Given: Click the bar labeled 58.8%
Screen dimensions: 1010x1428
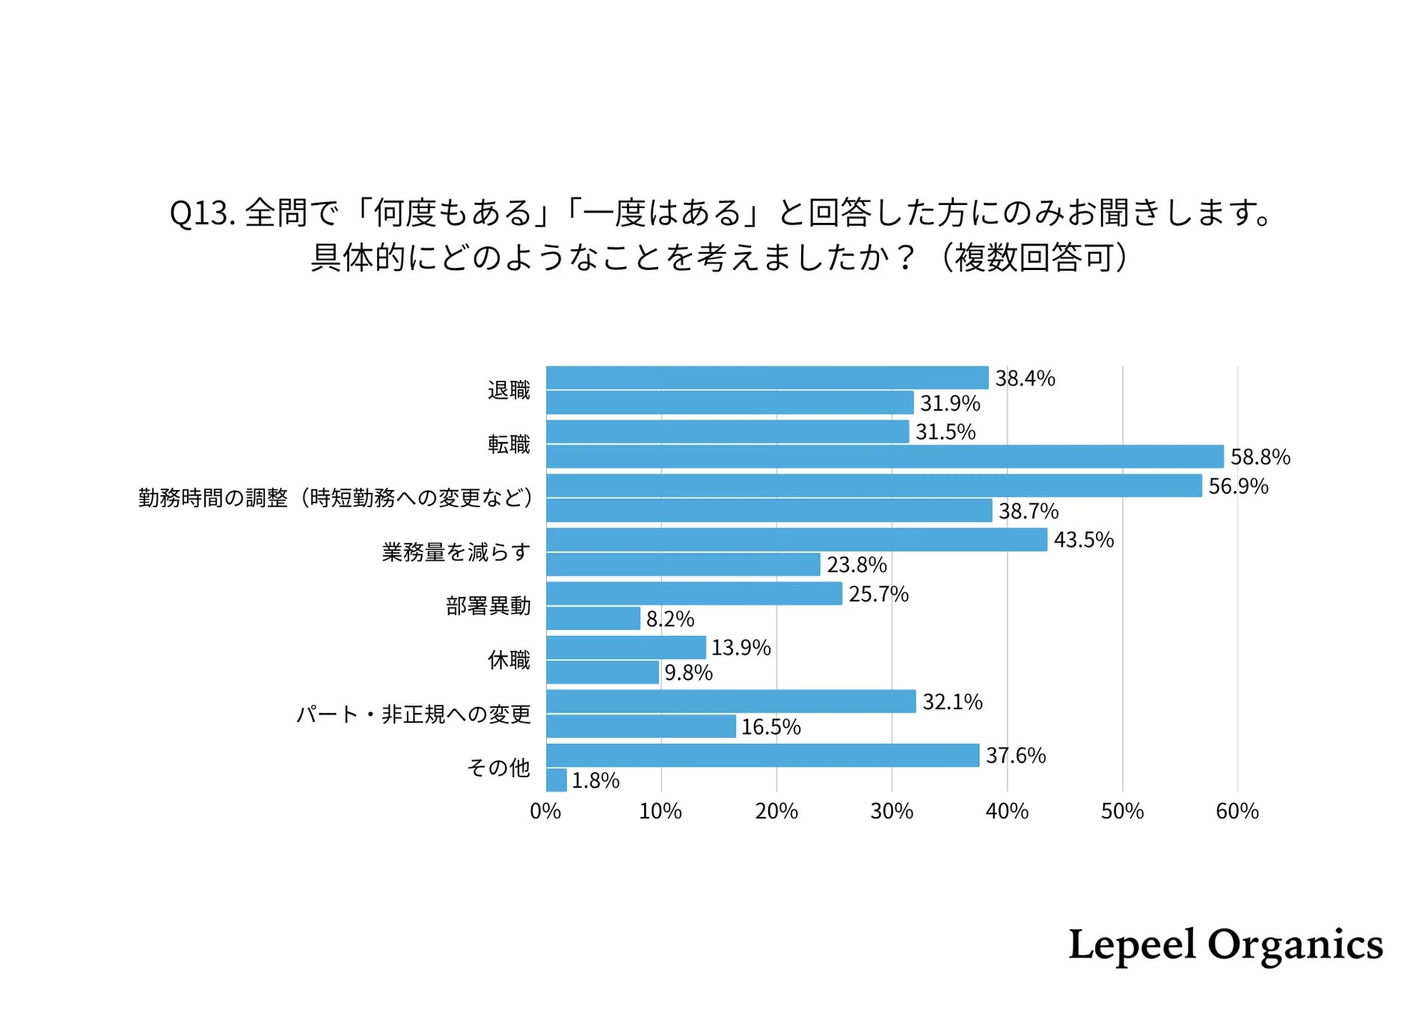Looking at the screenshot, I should click(884, 456).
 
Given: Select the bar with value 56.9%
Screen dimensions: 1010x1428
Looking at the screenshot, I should click(874, 486).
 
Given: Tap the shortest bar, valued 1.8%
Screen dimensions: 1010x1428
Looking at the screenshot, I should click(556, 780).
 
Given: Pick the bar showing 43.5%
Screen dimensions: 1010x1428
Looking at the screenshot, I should click(796, 539).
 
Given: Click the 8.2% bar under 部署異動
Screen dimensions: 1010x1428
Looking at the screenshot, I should click(593, 619).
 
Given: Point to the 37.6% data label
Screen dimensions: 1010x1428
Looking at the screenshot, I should click(1015, 756).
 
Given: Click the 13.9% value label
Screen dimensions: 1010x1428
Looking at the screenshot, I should click(741, 648).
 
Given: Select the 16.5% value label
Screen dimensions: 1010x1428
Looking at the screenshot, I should click(770, 727).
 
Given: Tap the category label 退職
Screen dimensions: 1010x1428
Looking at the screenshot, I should click(509, 390).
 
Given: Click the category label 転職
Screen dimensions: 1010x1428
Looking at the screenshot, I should click(509, 444).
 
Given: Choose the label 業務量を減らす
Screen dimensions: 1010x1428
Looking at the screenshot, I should click(456, 552).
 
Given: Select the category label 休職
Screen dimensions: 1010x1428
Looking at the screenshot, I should click(509, 660).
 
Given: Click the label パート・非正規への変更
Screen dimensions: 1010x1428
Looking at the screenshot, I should click(413, 714).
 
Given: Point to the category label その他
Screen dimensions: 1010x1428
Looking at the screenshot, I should click(498, 768).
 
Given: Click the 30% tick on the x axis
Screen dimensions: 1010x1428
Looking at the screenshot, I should click(892, 812).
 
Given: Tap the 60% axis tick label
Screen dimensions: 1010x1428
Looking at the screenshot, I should click(1237, 812).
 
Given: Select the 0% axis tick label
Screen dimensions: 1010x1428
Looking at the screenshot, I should click(545, 812).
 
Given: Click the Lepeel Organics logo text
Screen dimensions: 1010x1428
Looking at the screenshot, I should click(1225, 945).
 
